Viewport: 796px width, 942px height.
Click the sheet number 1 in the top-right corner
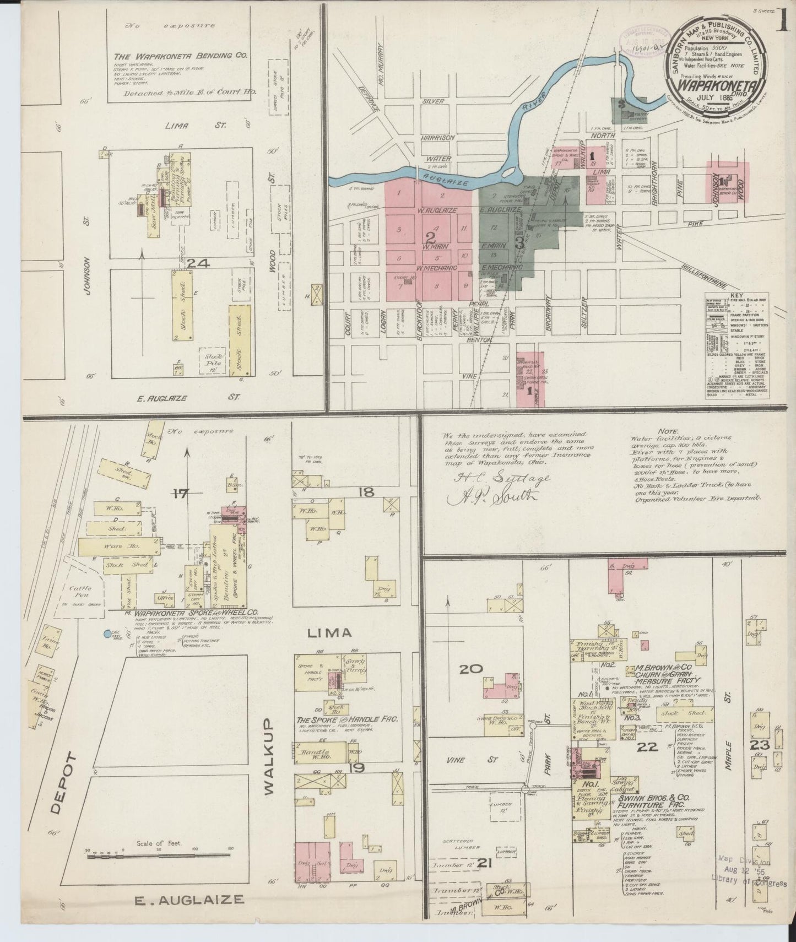(784, 13)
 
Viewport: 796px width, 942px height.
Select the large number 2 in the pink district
(430, 237)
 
